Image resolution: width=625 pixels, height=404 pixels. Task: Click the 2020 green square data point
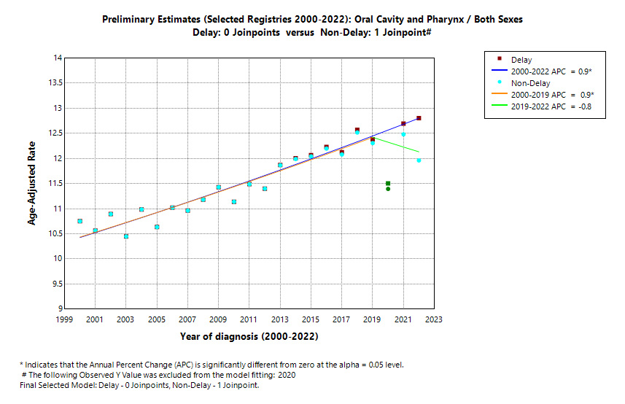(x=388, y=184)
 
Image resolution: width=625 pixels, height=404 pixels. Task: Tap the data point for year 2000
(x=79, y=221)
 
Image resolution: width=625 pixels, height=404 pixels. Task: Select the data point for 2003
(x=126, y=236)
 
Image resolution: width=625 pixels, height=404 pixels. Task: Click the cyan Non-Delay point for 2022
(x=419, y=160)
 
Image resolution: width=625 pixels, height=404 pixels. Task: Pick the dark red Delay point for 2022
(x=419, y=118)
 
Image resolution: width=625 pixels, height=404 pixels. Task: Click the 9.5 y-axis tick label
(x=56, y=284)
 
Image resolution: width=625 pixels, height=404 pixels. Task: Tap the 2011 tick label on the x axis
(x=249, y=319)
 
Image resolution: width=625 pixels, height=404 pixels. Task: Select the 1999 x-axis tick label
(x=64, y=319)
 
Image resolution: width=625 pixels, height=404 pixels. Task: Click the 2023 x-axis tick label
(x=434, y=319)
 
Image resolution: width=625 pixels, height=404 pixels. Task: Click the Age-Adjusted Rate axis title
(x=32, y=183)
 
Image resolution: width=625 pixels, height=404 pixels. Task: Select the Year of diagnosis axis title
(x=249, y=337)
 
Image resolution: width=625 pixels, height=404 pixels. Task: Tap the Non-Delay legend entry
(x=531, y=83)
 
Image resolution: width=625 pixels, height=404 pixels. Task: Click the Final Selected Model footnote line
(x=139, y=385)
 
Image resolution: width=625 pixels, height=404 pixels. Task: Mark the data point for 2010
(x=233, y=202)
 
